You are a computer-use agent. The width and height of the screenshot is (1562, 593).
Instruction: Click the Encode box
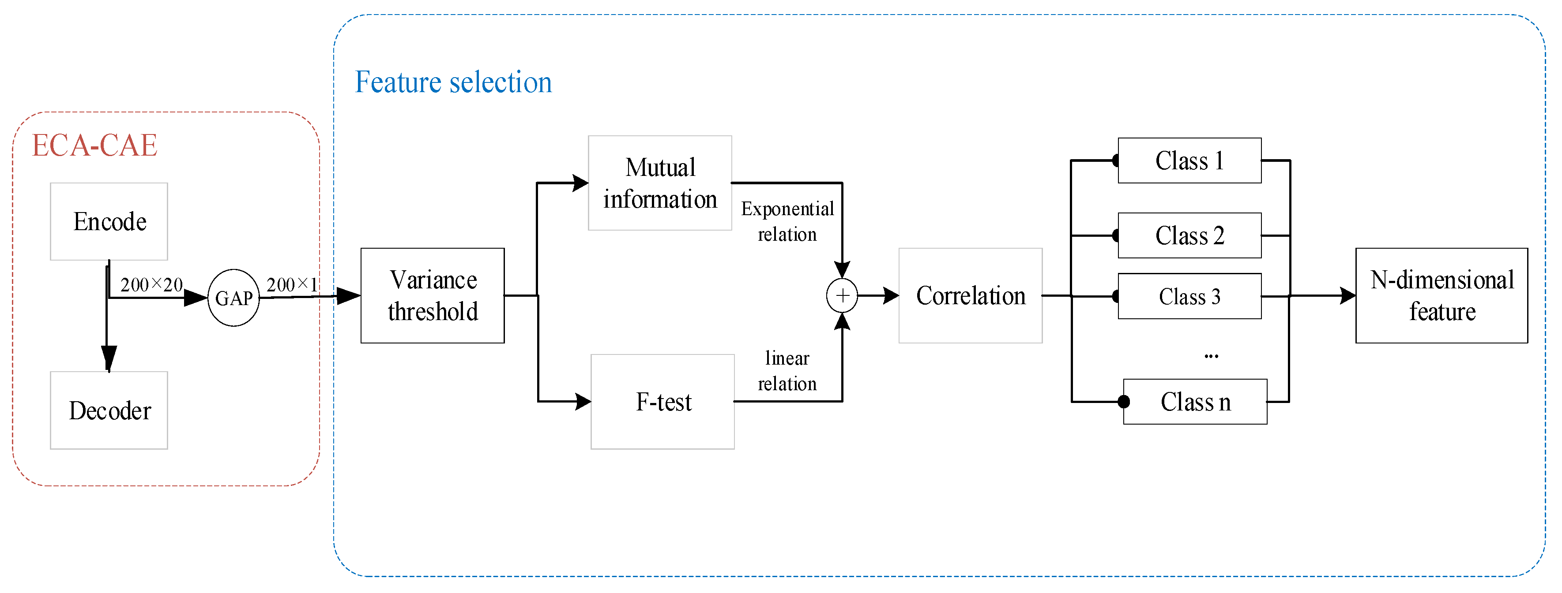pyautogui.click(x=109, y=222)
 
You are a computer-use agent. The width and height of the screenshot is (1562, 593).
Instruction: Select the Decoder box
pyautogui.click(x=109, y=410)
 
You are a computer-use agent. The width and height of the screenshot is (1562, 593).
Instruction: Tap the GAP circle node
pyautogui.click(x=233, y=298)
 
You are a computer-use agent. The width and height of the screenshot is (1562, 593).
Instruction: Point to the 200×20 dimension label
pyautogui.click(x=151, y=284)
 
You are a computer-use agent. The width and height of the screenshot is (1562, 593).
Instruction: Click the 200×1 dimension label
pyautogui.click(x=292, y=284)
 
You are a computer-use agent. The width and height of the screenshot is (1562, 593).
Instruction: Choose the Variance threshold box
pyautogui.click(x=433, y=295)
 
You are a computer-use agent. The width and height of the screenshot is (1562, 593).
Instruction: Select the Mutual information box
pyautogui.click(x=660, y=183)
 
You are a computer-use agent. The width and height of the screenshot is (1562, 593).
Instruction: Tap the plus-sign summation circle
pyautogui.click(x=842, y=295)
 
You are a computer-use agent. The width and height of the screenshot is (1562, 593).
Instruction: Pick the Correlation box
pyautogui.click(x=970, y=295)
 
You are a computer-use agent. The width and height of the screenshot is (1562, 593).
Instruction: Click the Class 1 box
pyautogui.click(x=1189, y=160)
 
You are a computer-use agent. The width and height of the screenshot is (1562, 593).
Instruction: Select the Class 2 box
pyautogui.click(x=1189, y=235)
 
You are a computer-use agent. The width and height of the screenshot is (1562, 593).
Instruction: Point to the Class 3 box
pyautogui.click(x=1189, y=296)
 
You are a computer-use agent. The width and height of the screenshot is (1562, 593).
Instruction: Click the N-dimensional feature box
pyautogui.click(x=1442, y=295)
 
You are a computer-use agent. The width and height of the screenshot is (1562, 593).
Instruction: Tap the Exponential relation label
pyautogui.click(x=787, y=221)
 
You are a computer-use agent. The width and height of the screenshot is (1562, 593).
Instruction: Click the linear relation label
pyautogui.click(x=787, y=371)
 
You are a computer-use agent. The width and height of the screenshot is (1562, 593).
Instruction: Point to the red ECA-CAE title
pyautogui.click(x=94, y=145)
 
